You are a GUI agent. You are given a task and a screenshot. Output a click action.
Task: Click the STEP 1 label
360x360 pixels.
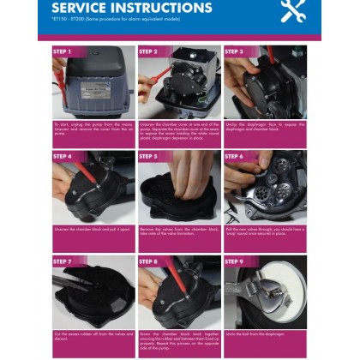point(62,51)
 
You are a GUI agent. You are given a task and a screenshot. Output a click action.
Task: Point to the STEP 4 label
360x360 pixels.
point(62,157)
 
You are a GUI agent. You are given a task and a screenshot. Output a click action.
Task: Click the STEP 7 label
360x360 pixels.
point(62,261)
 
